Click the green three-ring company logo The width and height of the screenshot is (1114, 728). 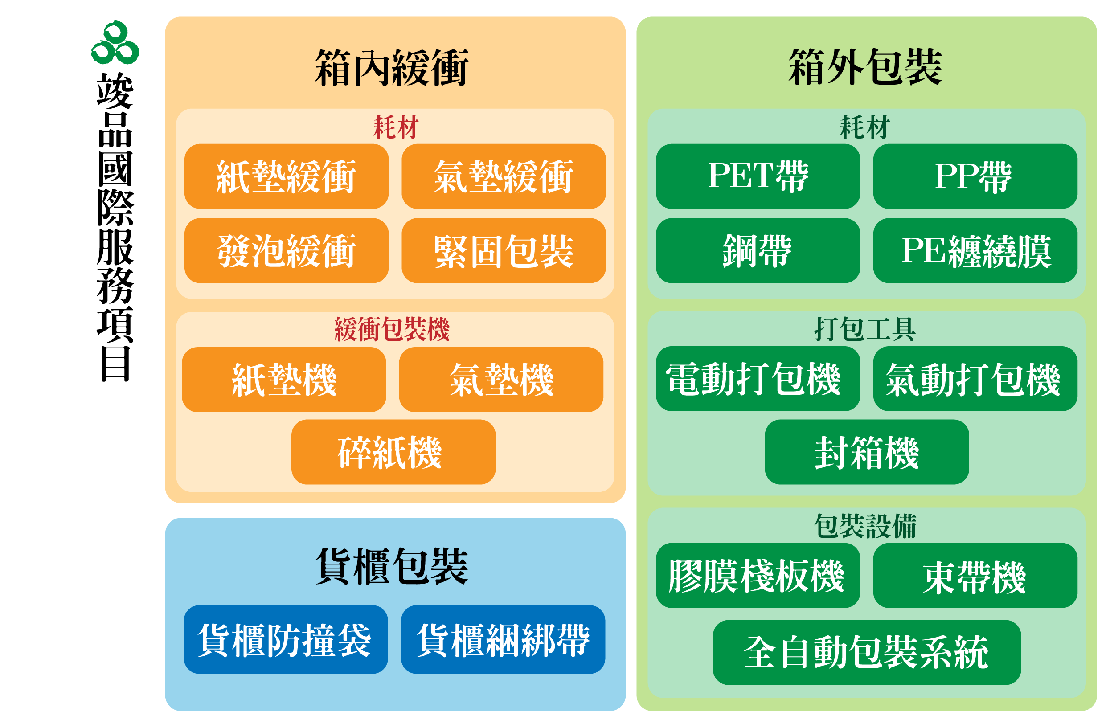tap(115, 43)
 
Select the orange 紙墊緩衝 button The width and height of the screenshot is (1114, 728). tap(286, 176)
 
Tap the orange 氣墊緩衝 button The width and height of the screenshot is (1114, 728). tap(503, 176)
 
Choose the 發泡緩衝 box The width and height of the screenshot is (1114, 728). tap(286, 251)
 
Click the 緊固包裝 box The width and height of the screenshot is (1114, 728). tap(503, 251)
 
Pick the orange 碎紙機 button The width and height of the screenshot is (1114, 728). tap(393, 452)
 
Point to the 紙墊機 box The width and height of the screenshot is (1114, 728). tap(284, 380)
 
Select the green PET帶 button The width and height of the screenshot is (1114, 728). tap(758, 176)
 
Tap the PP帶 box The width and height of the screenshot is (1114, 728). tap(975, 176)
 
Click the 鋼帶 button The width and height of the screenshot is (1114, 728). tap(758, 251)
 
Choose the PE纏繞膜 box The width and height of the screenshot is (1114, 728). tap(975, 251)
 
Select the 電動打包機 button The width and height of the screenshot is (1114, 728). tap(758, 379)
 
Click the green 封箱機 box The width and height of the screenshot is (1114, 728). tap(866, 452)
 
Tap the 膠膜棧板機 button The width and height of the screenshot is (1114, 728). tap(758, 576)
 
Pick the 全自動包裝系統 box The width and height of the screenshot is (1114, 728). tap(866, 653)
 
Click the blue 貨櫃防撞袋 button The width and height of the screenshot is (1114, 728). tap(286, 640)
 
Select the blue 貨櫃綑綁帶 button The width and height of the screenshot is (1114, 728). tap(503, 640)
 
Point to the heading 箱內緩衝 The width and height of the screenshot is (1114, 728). tap(391, 68)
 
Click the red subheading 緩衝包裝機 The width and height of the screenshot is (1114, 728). tap(392, 329)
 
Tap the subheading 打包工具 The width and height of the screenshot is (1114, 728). tap(864, 329)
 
